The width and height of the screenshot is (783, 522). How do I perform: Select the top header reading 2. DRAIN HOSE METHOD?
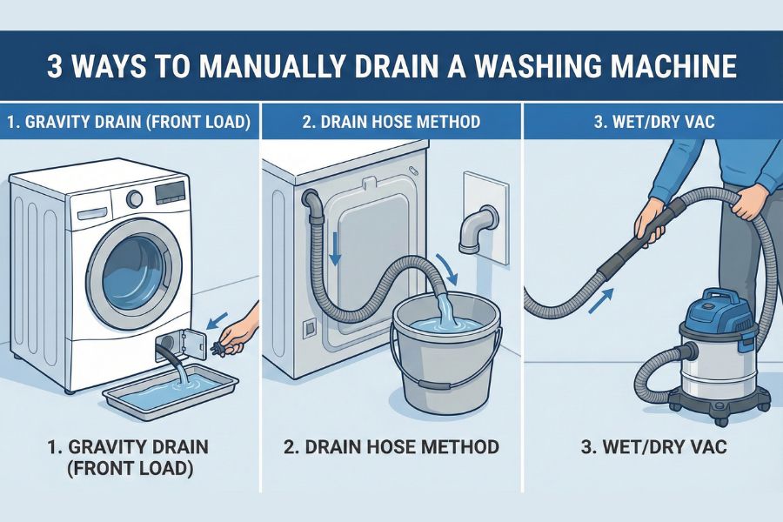coord(391,122)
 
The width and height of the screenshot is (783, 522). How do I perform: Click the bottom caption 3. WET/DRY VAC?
coord(652,448)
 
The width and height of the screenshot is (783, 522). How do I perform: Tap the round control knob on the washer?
coord(135,199)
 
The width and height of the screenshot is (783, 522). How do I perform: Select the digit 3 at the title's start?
coord(54,68)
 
